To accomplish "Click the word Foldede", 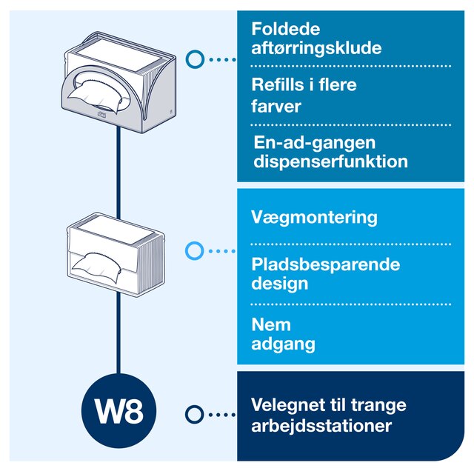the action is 286,29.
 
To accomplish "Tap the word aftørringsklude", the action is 316,48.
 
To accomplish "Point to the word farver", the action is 276,106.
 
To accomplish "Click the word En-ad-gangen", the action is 314,143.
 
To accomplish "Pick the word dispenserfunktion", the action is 331,161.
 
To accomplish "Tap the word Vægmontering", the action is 314,218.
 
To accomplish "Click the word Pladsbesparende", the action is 326,265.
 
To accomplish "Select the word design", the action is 280,284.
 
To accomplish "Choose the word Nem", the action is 271,325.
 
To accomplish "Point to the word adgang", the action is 283,344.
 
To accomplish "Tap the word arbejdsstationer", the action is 321,426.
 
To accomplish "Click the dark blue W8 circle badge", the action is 118,411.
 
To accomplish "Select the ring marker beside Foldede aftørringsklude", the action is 195,59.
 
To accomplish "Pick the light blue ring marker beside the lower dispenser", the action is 194,250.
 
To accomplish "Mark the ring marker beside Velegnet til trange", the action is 194,414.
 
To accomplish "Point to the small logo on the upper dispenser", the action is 101,114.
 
